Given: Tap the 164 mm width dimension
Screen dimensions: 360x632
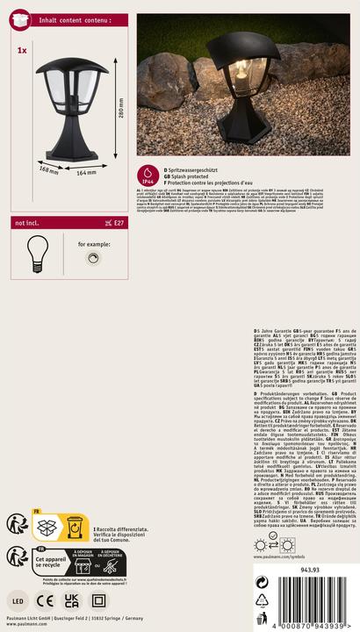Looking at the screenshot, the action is click(85, 173).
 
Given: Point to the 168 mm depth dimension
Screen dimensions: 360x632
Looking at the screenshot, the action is click(49, 169).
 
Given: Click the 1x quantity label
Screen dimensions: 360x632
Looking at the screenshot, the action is click(21, 51).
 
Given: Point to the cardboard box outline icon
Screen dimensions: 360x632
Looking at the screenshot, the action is click(46, 527).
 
